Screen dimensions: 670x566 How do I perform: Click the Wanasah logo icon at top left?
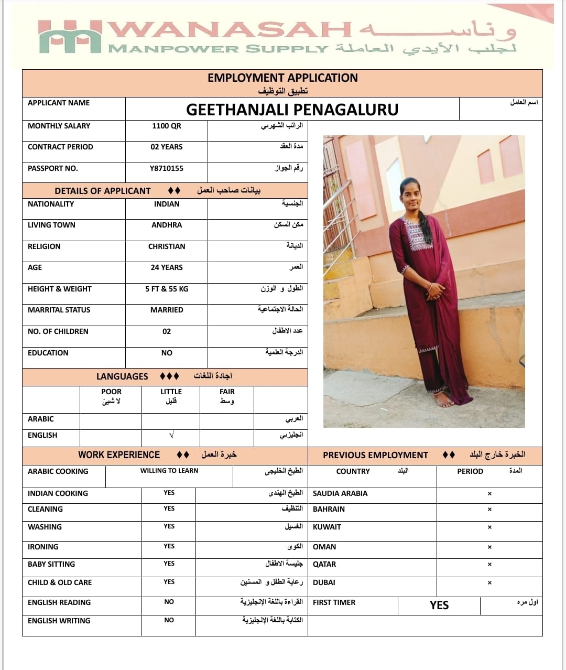70,37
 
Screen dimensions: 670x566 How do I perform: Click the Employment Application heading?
282,78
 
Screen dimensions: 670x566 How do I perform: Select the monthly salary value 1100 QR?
167,126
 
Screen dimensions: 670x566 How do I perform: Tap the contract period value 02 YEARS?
167,147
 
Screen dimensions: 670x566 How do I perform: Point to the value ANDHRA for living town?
167,225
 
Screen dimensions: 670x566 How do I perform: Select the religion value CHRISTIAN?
167,246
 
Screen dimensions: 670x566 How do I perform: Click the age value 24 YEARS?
167,267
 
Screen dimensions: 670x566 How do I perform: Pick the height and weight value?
167,289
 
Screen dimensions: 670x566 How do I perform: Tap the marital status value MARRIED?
167,310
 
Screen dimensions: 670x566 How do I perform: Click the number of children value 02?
167,331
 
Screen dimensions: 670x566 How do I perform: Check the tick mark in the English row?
171,436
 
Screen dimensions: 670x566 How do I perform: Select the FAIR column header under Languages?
227,392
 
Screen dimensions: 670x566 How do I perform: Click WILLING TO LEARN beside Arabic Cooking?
169,471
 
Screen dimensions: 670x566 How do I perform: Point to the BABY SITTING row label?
51,564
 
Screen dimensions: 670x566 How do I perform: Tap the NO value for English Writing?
169,620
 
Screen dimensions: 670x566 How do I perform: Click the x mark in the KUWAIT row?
489,527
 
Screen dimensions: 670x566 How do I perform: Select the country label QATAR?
324,564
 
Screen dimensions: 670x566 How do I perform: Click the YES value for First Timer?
439,605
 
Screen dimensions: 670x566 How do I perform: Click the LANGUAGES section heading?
122,376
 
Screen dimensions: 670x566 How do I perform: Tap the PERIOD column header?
470,471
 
